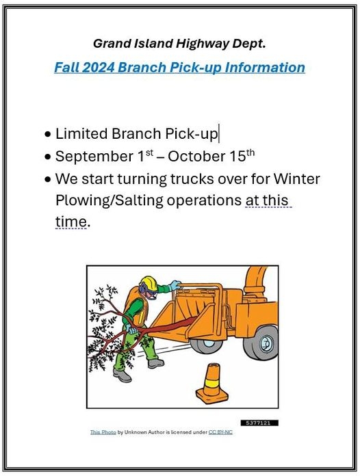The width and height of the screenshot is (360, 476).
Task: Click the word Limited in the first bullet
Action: click(81, 133)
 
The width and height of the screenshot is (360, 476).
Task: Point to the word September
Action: click(94, 157)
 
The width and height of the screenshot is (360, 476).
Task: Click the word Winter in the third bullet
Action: click(296, 178)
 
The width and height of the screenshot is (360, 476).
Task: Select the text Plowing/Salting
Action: click(110, 201)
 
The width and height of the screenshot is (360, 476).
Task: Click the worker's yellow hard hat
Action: click(149, 283)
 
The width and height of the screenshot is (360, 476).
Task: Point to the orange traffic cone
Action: click(211, 384)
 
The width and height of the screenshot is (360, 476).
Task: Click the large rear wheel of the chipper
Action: click(262, 342)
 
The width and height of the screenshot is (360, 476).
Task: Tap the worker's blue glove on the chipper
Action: click(175, 285)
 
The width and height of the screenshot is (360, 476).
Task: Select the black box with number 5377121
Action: click(259, 423)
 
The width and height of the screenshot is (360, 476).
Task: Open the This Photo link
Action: click(103, 432)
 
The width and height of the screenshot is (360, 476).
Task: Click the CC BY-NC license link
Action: click(220, 432)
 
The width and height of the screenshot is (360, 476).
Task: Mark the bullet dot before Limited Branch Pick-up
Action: click(48, 134)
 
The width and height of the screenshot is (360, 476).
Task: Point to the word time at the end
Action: click(71, 222)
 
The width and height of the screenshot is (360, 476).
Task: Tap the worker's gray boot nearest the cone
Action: click(157, 363)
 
